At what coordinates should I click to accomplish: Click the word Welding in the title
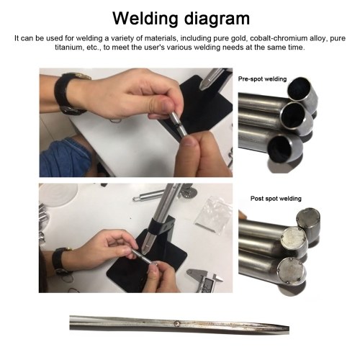click(x=145, y=18)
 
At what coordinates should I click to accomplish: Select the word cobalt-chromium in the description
click(x=271, y=38)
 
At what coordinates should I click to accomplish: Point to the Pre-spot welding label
click(x=262, y=79)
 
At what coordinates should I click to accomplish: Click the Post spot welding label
click(x=276, y=199)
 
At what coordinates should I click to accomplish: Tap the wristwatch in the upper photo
click(x=70, y=94)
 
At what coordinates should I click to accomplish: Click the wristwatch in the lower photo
click(x=60, y=261)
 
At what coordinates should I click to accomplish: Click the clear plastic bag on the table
click(x=213, y=215)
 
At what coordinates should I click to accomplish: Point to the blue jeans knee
click(x=66, y=158)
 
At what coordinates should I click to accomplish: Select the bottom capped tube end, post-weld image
click(x=292, y=271)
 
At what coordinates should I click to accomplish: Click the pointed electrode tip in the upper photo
click(x=202, y=89)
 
